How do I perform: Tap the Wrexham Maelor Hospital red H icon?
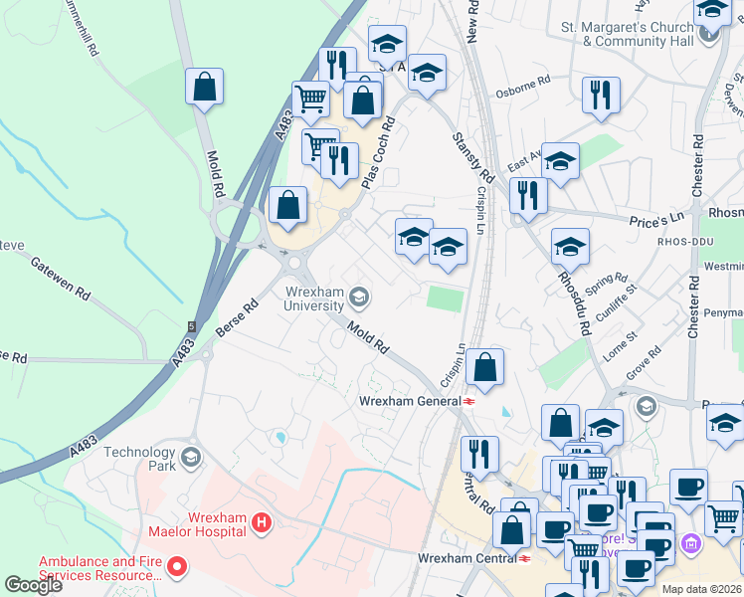point(261,521)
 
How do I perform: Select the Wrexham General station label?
point(408,401)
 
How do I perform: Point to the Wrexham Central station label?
point(465,558)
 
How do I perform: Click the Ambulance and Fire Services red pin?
point(178,568)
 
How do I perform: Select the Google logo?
point(33,584)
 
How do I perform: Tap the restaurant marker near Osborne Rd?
point(601,95)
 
